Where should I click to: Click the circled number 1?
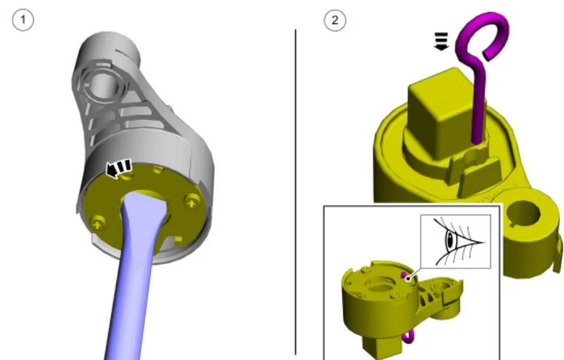click(x=23, y=20)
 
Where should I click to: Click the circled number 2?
click(x=335, y=20)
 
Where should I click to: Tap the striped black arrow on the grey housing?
click(x=119, y=169)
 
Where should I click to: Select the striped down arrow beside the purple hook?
click(x=441, y=41)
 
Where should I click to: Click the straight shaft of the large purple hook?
click(x=478, y=104)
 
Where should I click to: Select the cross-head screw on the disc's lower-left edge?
click(x=97, y=223)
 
